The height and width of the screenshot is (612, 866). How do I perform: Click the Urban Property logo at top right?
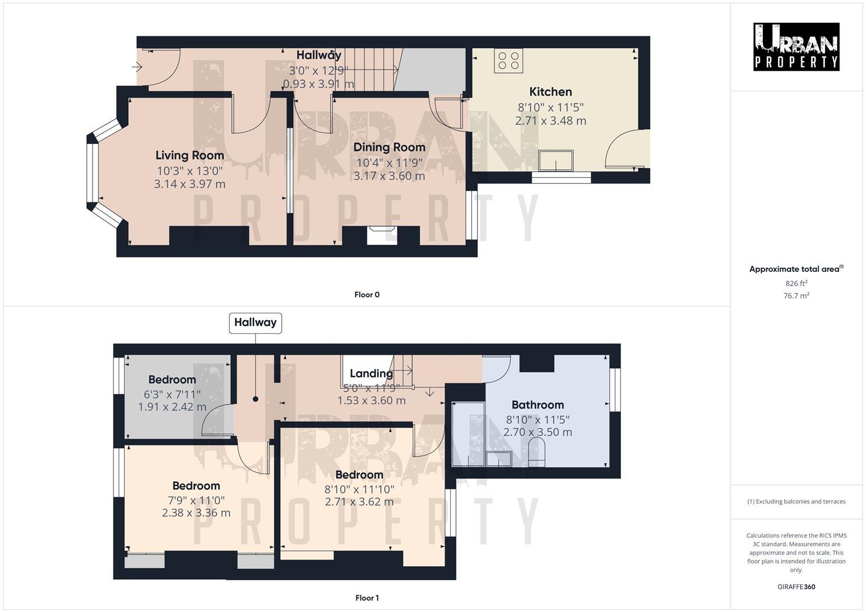pos(796,47)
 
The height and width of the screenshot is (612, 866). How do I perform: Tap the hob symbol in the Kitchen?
pos(508,61)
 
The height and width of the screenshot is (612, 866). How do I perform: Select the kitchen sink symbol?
pos(556,160)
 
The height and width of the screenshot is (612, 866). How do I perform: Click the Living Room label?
pos(189,155)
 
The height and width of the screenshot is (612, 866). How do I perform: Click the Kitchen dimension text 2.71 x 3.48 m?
pos(550,121)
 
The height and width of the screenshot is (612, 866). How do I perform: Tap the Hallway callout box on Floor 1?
pos(255,322)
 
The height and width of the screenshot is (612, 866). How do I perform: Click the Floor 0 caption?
pos(366,295)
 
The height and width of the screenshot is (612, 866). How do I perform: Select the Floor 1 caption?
pos(366,598)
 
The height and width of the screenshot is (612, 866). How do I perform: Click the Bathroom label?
pos(537,405)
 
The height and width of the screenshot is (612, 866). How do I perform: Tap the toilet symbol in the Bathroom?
pos(536,455)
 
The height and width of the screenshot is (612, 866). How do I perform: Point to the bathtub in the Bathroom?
pos(468,433)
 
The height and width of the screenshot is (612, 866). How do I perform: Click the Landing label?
pos(371,373)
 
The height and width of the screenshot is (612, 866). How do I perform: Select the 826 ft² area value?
pos(796,283)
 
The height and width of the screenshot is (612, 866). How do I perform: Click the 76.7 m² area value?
pos(796,296)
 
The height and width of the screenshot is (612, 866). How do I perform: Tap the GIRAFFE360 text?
pos(796,587)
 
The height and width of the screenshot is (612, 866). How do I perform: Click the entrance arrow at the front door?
pos(137,67)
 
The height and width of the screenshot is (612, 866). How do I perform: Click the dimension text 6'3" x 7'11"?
pos(172,394)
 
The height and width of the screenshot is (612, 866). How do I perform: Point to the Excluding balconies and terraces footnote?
pos(796,501)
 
